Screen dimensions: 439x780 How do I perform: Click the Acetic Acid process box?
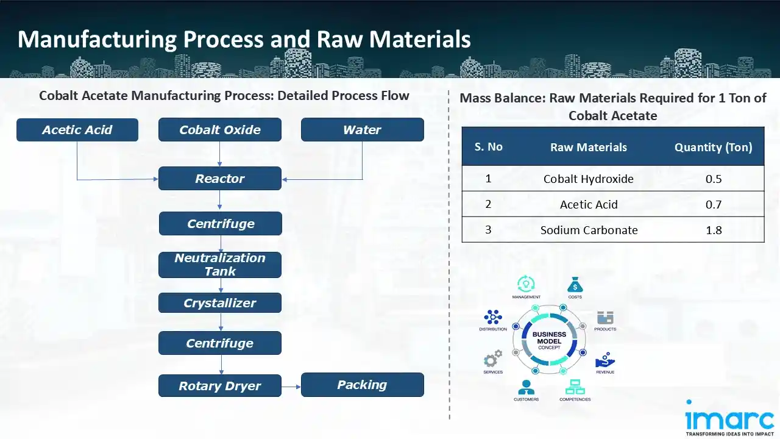click(77, 130)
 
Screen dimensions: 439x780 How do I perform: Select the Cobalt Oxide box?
click(220, 130)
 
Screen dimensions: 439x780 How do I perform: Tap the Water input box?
click(362, 130)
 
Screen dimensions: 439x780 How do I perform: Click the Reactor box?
click(220, 179)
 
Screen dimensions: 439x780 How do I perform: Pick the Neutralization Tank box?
click(220, 265)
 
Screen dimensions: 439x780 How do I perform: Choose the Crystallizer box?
click(220, 303)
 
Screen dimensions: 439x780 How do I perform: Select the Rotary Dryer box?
click(220, 386)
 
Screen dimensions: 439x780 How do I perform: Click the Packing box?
click(362, 385)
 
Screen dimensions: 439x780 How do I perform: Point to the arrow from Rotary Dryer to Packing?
click(291, 387)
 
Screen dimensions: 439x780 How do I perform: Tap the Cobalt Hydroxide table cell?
click(588, 179)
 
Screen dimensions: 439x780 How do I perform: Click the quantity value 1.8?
click(713, 230)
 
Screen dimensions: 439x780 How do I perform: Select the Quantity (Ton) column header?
click(713, 147)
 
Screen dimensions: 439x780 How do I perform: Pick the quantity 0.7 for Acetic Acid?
click(713, 204)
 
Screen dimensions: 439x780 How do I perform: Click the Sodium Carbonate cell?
click(589, 230)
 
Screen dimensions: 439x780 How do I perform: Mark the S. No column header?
click(488, 147)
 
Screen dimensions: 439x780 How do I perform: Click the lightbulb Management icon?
click(526, 284)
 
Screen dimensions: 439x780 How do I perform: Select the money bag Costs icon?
click(575, 284)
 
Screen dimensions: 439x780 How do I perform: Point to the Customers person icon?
click(526, 387)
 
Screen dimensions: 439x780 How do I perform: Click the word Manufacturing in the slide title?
click(96, 40)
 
